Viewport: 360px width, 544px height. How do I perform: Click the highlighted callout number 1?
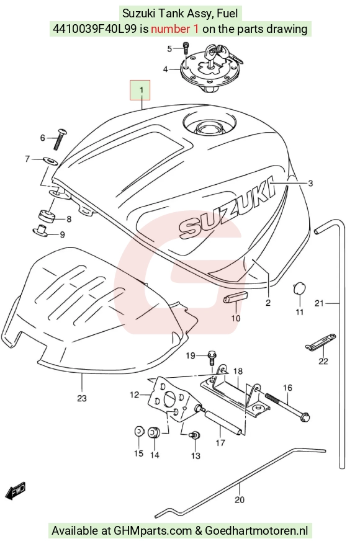(140, 90)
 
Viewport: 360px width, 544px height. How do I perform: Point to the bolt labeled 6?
(60, 139)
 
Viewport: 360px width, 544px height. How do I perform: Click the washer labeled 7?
(50, 161)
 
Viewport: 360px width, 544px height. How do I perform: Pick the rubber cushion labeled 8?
(46, 216)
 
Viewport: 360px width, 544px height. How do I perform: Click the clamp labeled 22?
(321, 341)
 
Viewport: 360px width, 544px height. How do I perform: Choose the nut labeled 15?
(138, 431)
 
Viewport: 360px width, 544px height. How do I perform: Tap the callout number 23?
(81, 398)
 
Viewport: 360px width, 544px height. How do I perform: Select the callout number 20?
(240, 499)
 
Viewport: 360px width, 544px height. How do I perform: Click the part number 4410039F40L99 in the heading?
(94, 29)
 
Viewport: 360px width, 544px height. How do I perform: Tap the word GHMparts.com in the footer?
(153, 530)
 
